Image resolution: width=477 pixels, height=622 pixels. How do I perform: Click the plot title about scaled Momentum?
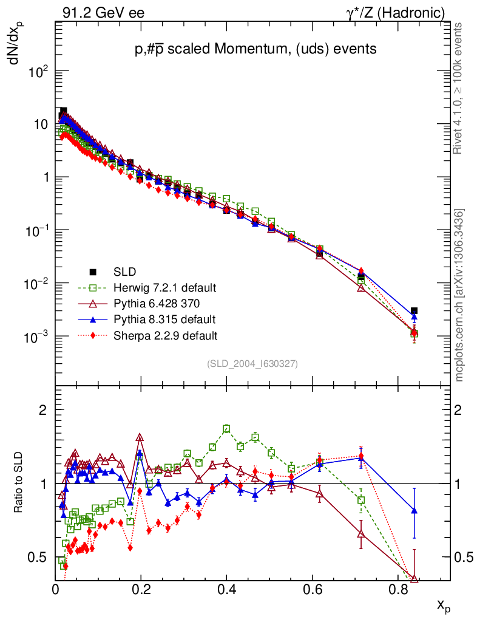coord(255,49)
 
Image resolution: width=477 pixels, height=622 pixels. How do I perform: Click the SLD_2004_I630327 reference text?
coord(252,364)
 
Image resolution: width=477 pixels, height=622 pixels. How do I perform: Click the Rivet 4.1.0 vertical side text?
coord(459,89)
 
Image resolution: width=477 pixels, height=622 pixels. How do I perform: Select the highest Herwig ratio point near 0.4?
coord(226,428)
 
